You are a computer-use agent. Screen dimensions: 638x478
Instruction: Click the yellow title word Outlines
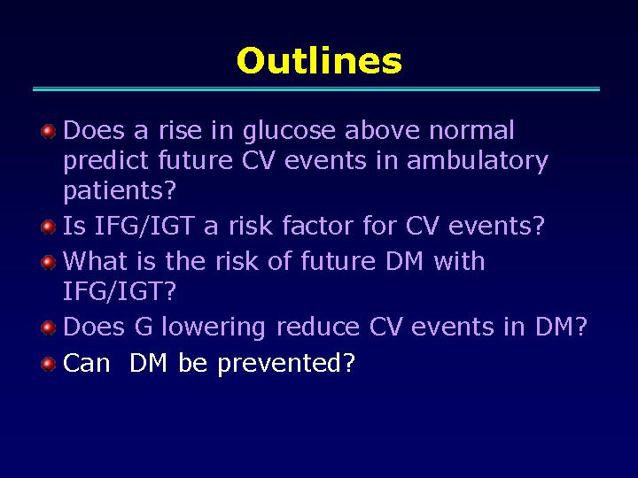coord(319,61)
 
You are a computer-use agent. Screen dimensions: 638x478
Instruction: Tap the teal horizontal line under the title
coord(316,89)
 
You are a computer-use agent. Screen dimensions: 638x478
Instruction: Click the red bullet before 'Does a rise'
coord(49,132)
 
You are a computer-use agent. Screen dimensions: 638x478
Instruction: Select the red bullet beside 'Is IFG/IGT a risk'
coord(49,227)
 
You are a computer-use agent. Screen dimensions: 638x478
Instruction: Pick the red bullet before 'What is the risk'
coord(49,262)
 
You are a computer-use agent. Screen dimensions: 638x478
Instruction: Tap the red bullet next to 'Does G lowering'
coord(49,328)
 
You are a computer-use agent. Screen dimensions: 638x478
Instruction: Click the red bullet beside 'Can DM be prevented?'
coord(49,364)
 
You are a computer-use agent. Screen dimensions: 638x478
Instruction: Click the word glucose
coord(289,132)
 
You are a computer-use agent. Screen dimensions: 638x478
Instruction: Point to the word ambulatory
coord(478,161)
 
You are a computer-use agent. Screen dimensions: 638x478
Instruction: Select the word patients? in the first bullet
coord(120,190)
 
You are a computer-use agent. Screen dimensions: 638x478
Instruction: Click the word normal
coord(471,130)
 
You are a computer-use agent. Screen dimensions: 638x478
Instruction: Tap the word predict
coord(105,161)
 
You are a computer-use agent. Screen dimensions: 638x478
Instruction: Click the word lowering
coord(214,328)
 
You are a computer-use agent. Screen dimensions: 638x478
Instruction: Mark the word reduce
coord(318,327)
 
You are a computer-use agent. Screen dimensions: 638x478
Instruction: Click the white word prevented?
coord(286,364)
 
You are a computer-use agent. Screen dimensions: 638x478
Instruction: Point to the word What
coord(95,260)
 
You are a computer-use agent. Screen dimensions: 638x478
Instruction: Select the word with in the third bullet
coord(459,260)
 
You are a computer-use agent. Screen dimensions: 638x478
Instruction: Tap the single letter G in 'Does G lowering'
coord(144,327)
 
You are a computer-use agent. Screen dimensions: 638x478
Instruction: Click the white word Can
coord(86,363)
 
